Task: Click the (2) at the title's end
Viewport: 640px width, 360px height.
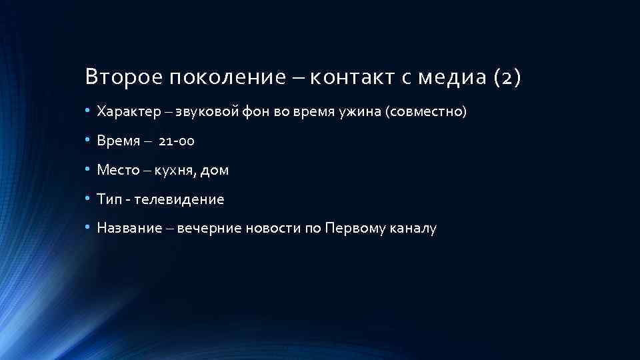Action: pyautogui.click(x=507, y=78)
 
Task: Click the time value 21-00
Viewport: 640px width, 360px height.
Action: pyautogui.click(x=177, y=141)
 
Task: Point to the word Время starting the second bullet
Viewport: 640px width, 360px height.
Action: pyautogui.click(x=117, y=141)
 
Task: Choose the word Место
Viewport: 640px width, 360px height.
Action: pyautogui.click(x=117, y=170)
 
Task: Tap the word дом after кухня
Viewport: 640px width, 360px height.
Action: pyautogui.click(x=214, y=170)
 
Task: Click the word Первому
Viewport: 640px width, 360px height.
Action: pyautogui.click(x=354, y=229)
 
